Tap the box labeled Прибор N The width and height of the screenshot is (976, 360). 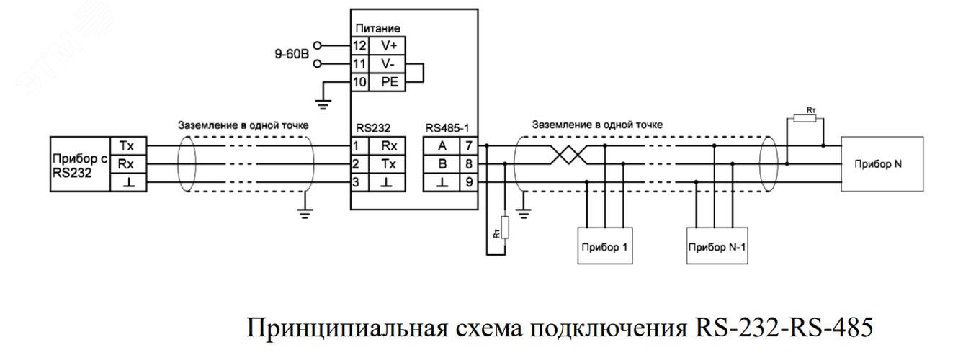pyautogui.click(x=877, y=164)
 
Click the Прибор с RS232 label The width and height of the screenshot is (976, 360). pyautogui.click(x=79, y=164)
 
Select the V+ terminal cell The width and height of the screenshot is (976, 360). pyautogui.click(x=388, y=45)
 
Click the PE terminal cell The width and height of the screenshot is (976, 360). pyautogui.click(x=388, y=83)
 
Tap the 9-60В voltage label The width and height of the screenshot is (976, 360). pyautogui.click(x=292, y=53)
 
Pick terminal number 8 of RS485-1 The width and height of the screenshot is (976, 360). pyautogui.click(x=468, y=165)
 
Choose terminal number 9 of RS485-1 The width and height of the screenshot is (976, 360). pyautogui.click(x=468, y=183)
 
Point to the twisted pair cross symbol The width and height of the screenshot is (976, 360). pyautogui.click(x=569, y=155)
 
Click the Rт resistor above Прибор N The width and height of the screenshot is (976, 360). pyautogui.click(x=805, y=117)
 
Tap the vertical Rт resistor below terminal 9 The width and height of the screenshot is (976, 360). pyautogui.click(x=505, y=228)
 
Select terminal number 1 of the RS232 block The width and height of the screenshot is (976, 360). pyautogui.click(x=356, y=147)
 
